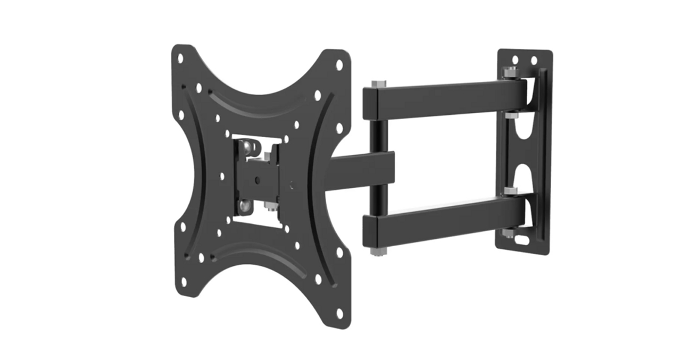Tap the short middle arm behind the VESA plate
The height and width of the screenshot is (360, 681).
(x=362, y=168)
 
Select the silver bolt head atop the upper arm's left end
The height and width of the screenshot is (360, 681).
(x=379, y=84)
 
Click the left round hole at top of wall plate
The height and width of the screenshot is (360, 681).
(x=515, y=60)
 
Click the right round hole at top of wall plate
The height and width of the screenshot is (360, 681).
(x=534, y=61)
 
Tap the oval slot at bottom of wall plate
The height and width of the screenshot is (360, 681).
(x=523, y=240)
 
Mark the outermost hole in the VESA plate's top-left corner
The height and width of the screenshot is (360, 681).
(x=180, y=58)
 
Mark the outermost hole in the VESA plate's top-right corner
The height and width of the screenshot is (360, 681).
(x=339, y=65)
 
